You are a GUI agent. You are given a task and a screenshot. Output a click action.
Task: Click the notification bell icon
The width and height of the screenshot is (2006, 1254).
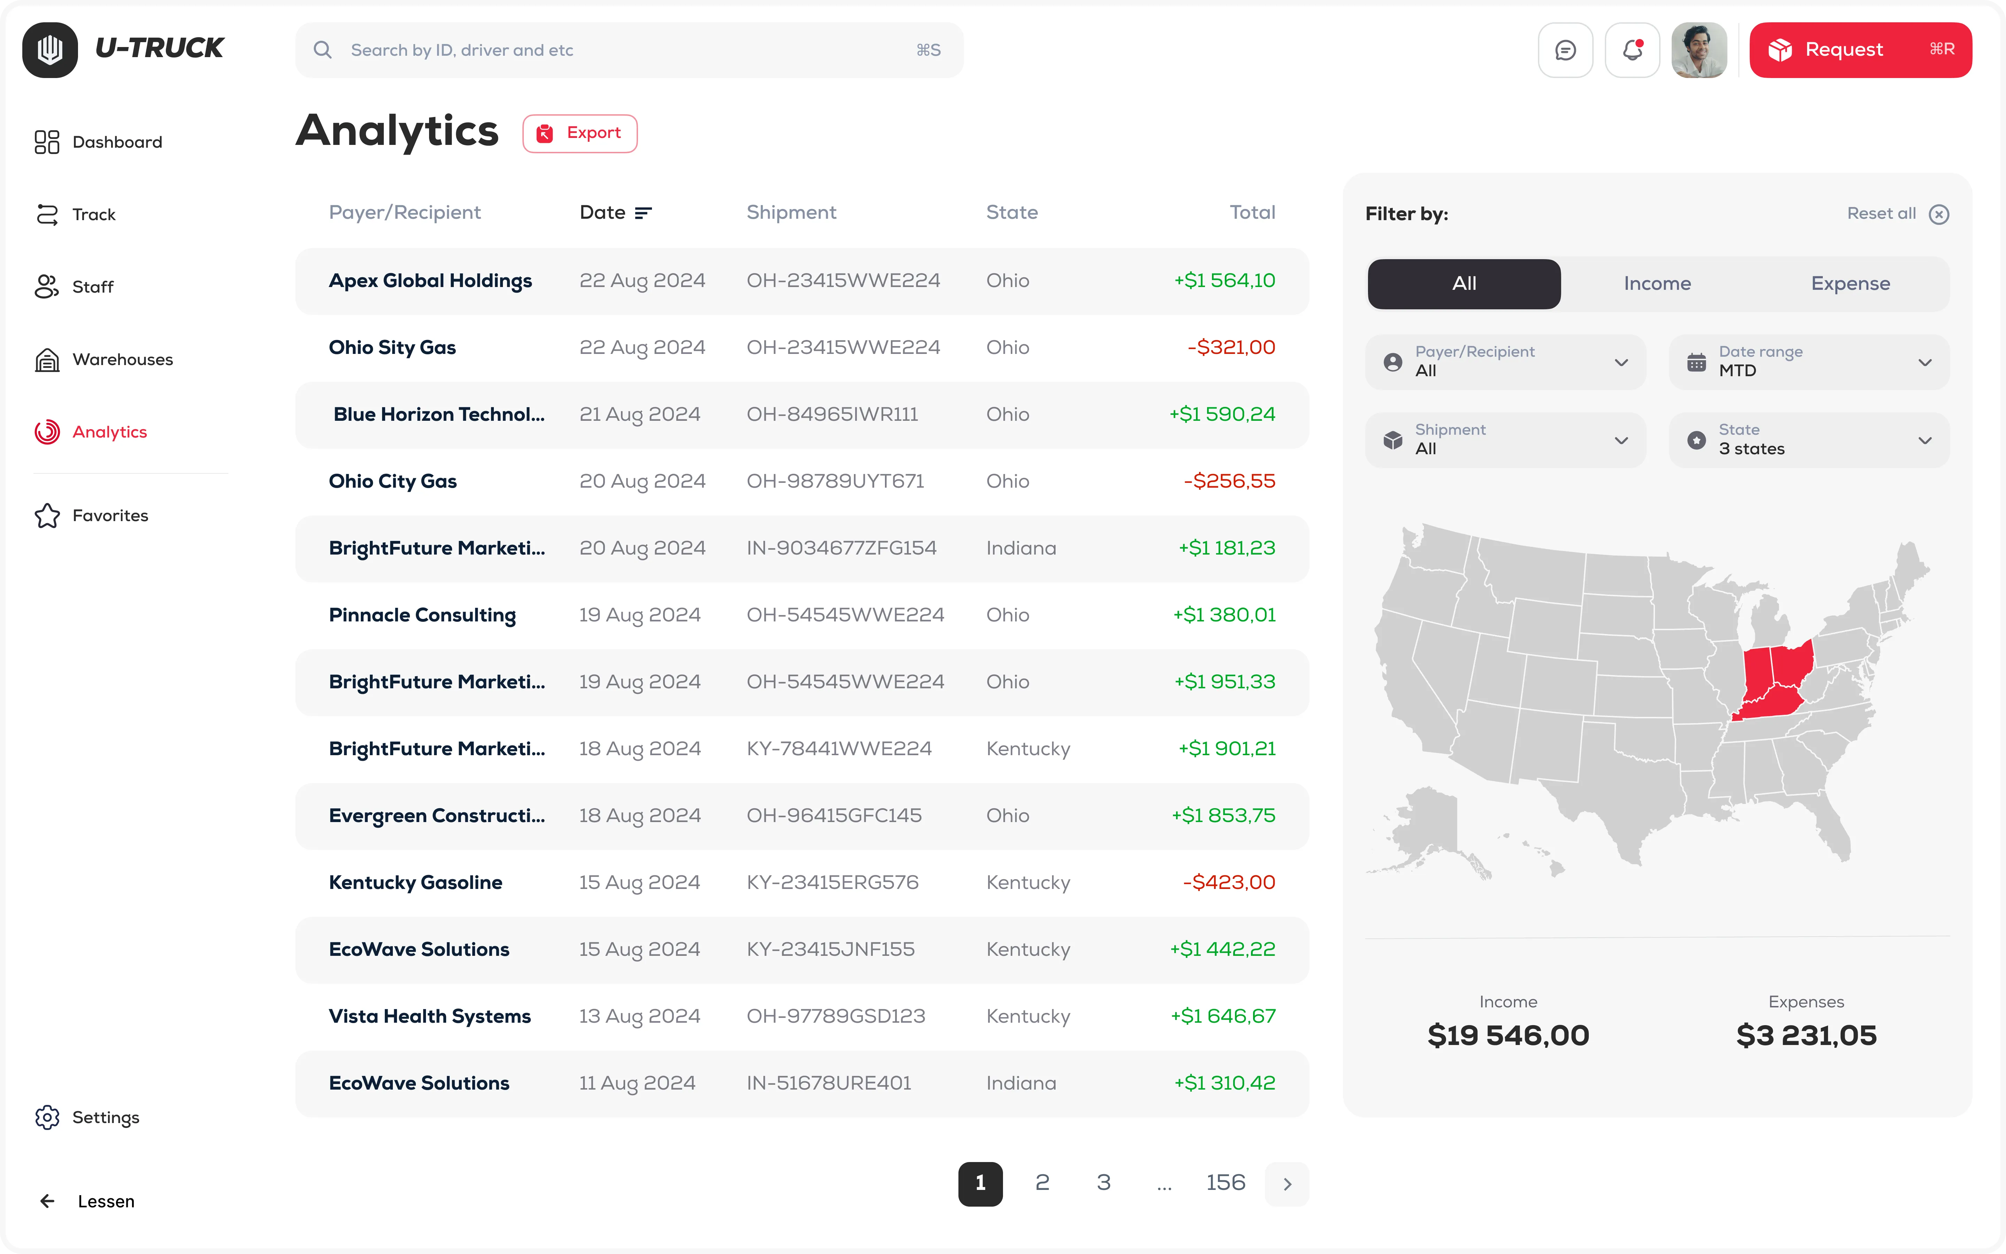[x=1631, y=50]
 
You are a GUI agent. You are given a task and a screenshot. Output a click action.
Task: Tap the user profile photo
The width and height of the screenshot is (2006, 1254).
[x=1698, y=50]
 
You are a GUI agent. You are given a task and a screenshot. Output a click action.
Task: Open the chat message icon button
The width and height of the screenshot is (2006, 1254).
[x=1565, y=50]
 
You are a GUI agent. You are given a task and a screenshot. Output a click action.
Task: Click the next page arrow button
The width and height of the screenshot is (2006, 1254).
[x=1286, y=1184]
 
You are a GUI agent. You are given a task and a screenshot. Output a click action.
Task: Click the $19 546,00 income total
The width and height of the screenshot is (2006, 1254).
[x=1508, y=1035]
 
